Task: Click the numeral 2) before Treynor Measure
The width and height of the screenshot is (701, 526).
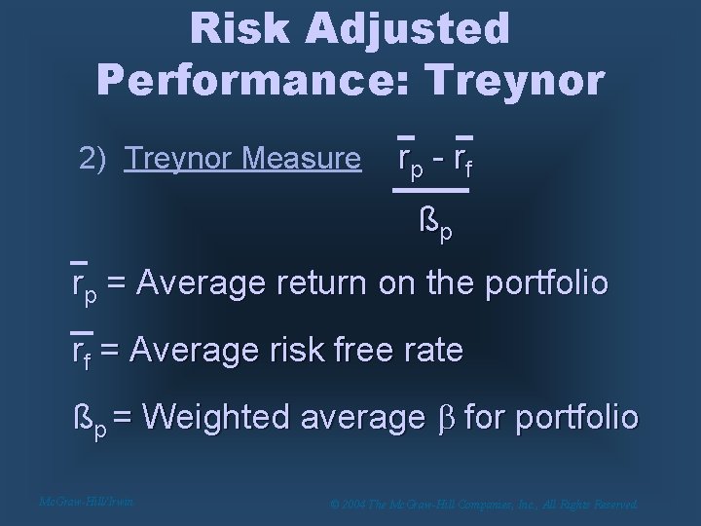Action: tap(93, 157)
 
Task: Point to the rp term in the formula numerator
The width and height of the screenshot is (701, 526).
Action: tap(409, 157)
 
